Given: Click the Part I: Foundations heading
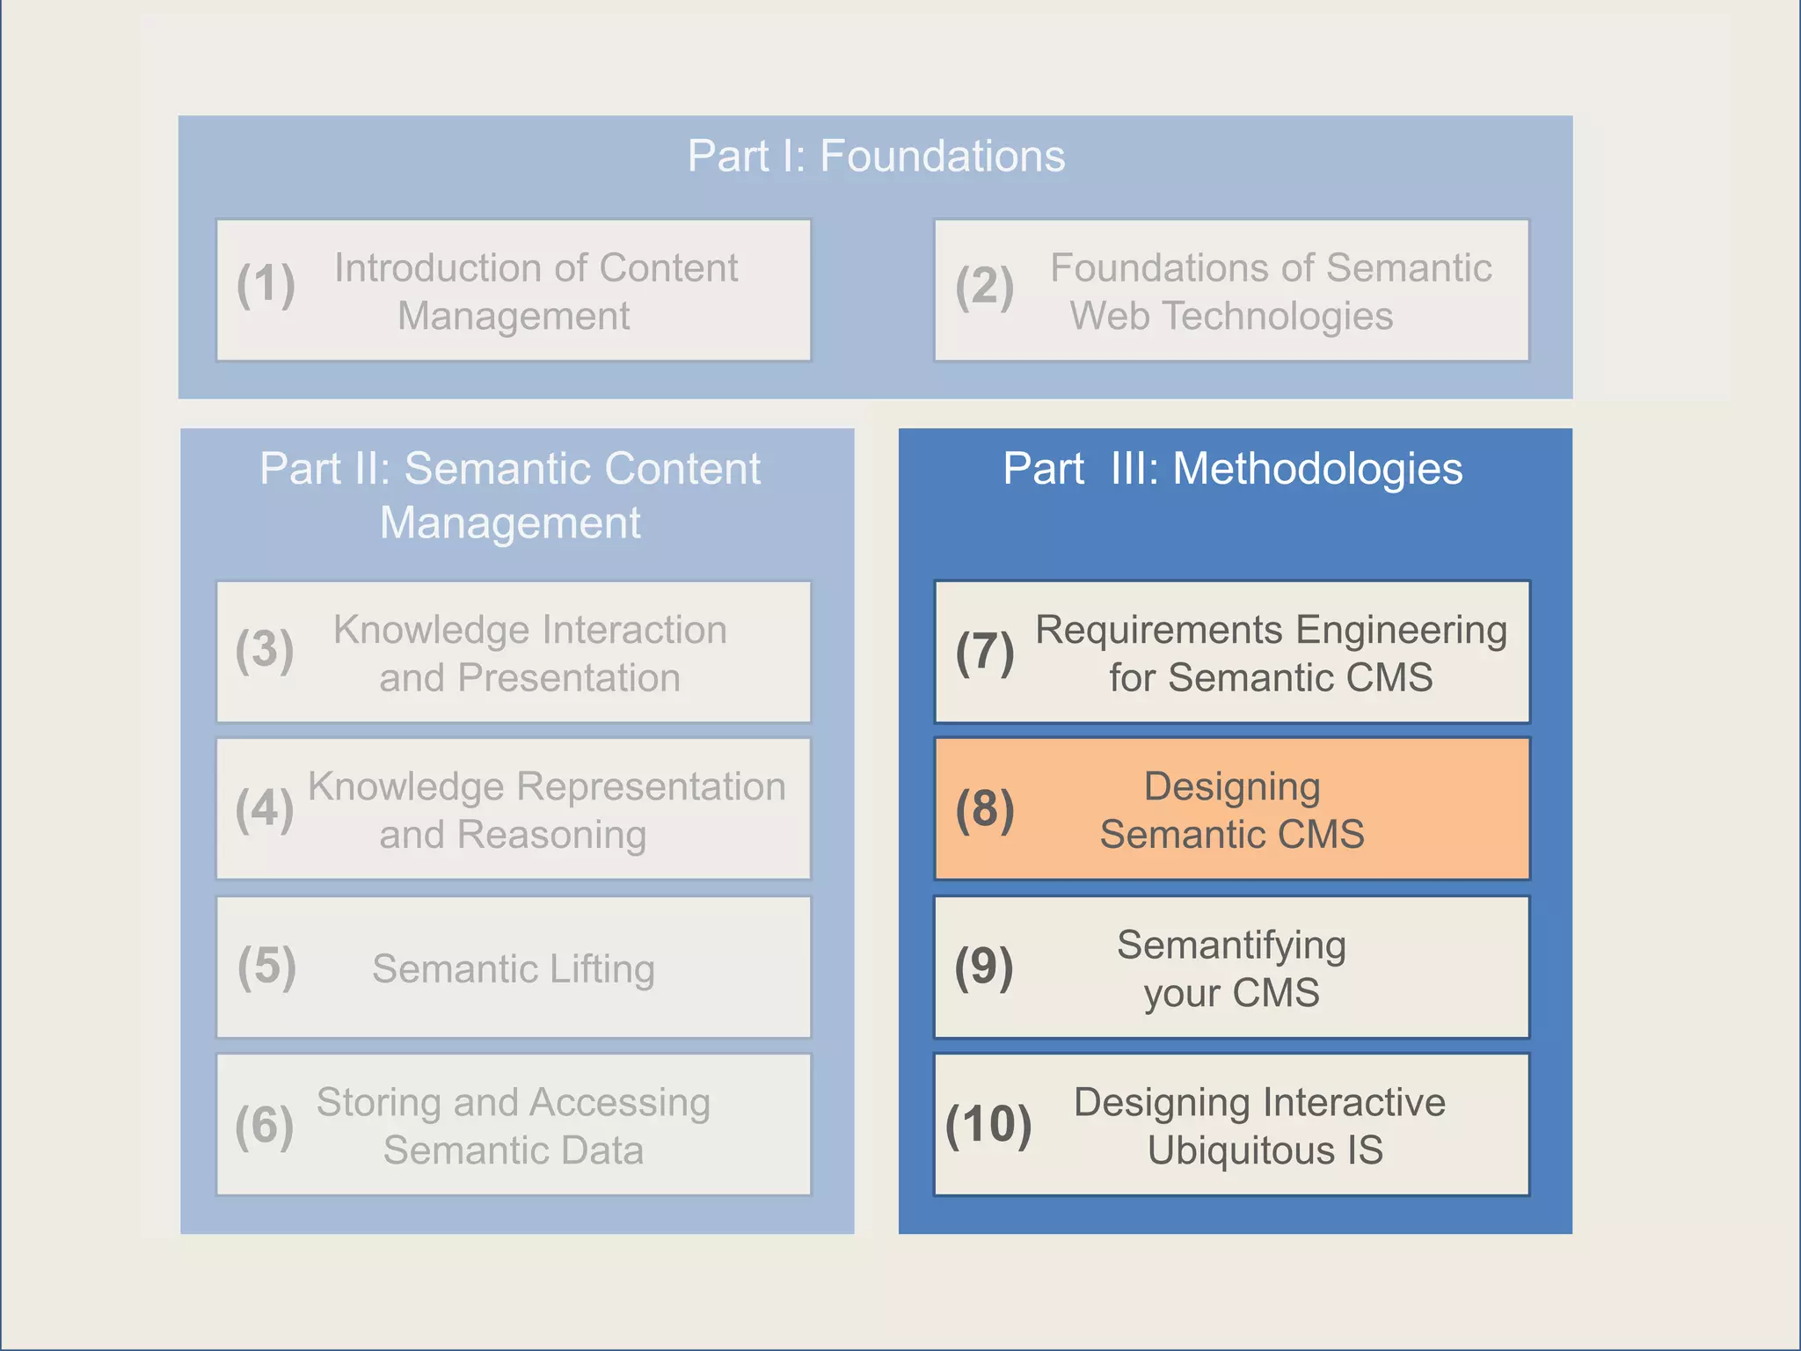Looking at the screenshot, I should [876, 157].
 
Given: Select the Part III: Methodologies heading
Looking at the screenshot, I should [1233, 469].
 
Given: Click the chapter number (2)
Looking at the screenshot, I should [985, 287].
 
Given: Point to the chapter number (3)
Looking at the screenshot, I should [265, 650].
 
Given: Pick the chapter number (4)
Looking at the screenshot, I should [265, 808].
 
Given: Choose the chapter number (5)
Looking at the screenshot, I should [266, 967].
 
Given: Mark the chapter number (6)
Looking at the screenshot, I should [265, 1125].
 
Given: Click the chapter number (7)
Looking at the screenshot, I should [985, 652].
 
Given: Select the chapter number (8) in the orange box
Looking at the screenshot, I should [985, 809].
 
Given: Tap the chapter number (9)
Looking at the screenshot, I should [984, 967].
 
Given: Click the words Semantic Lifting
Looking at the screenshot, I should [513, 969].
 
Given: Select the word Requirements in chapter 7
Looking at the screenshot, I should [1159, 631].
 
